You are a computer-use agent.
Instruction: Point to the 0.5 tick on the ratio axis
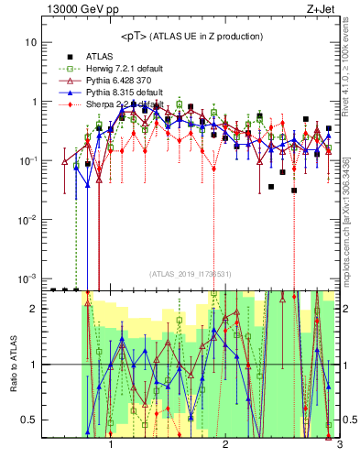click(x=28, y=420)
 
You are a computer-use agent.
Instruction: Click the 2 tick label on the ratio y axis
click(x=33, y=309)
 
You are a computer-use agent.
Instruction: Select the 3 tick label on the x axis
click(x=339, y=444)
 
